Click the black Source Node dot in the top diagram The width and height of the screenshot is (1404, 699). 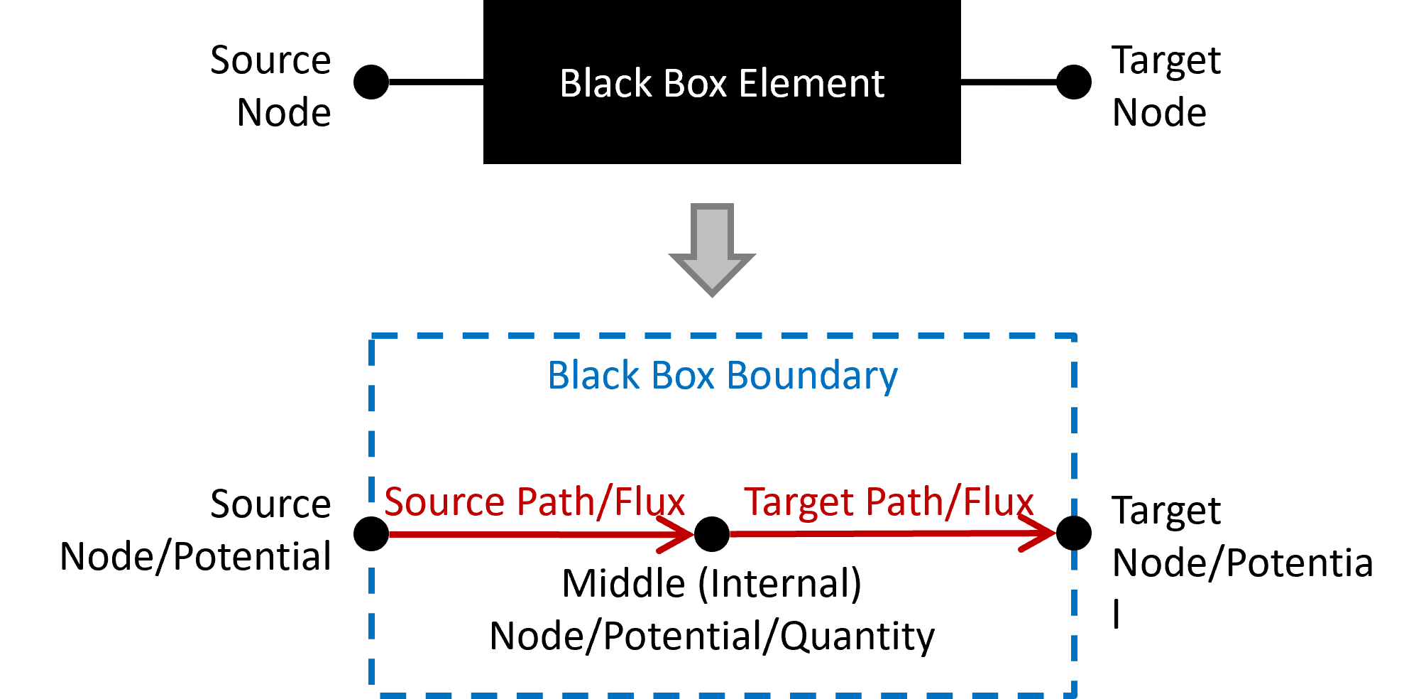coord(371,82)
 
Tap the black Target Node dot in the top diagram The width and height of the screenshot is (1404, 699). coord(1074,82)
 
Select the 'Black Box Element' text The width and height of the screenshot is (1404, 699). coord(722,83)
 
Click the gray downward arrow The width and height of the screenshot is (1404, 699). coord(712,249)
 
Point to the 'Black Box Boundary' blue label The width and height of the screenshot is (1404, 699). coord(723,376)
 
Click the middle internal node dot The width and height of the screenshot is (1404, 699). coord(712,534)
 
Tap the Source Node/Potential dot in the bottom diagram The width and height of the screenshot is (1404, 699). coord(371,534)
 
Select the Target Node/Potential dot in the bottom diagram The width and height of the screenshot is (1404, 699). coord(1074,533)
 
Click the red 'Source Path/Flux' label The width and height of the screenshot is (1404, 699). coord(534,502)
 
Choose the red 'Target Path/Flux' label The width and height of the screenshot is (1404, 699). coord(889,502)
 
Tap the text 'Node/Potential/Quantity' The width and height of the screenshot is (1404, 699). coord(712,636)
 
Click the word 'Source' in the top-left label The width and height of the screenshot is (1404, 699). coord(270,60)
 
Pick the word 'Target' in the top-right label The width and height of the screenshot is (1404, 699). coord(1166,61)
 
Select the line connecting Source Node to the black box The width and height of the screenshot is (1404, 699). coord(436,82)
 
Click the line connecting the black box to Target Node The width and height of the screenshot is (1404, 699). coord(1009,82)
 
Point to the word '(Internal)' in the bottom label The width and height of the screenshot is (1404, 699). coord(780,584)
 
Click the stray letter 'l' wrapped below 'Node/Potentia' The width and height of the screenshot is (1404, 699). coord(1117,614)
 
